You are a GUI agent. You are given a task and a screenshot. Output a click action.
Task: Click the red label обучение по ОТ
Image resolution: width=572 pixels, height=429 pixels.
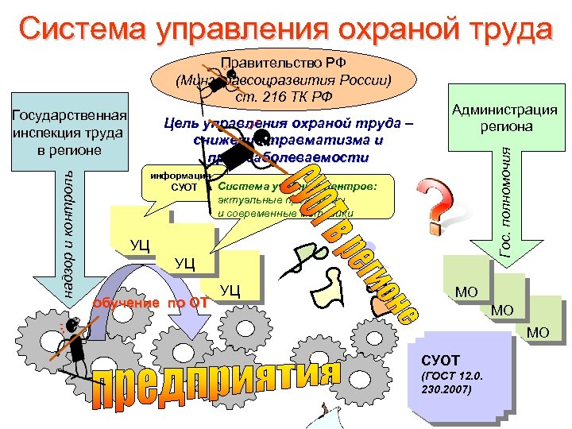point(151,303)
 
